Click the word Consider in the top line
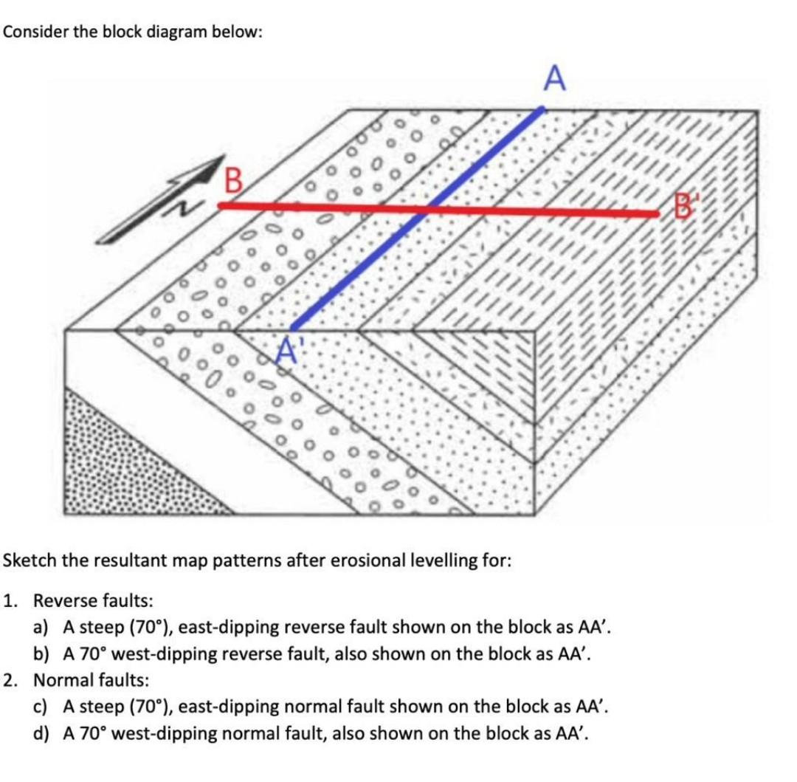(x=34, y=34)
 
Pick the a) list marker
(x=44, y=627)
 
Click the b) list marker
(x=44, y=654)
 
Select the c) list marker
(x=43, y=707)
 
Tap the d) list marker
(x=44, y=733)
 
